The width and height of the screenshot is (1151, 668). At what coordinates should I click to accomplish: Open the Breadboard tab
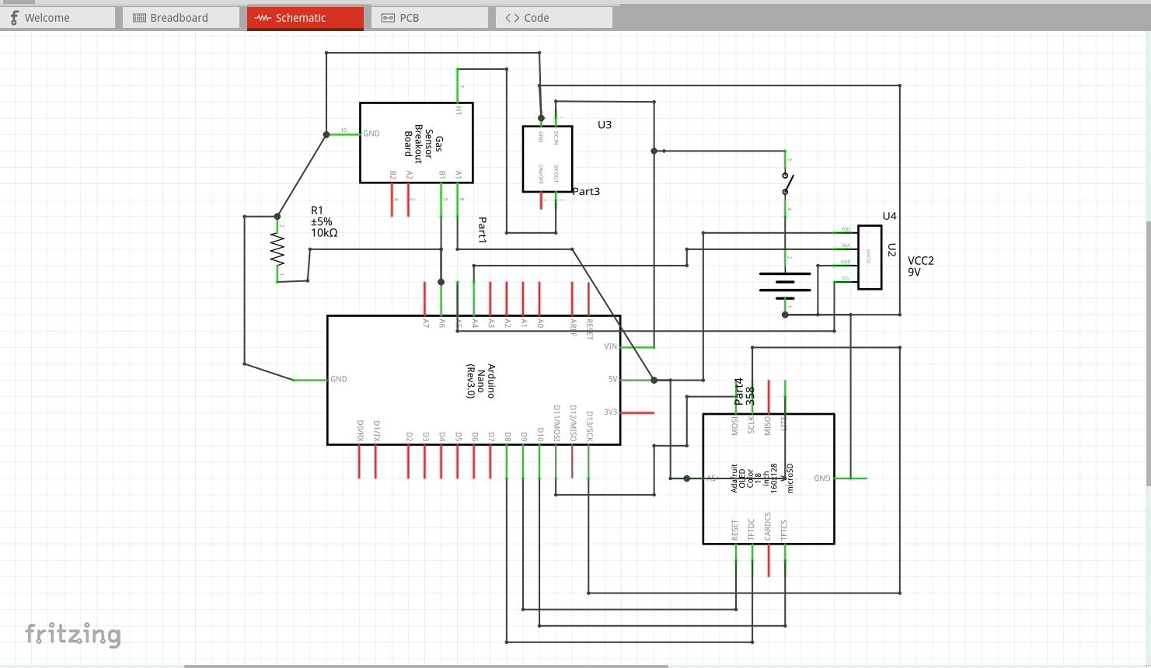180,18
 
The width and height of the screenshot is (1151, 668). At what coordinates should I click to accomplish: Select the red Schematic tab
305,18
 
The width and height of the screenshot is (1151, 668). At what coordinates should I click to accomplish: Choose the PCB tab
429,18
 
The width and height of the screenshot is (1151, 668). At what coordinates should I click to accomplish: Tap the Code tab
553,18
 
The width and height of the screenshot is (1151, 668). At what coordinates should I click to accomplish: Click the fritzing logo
73,634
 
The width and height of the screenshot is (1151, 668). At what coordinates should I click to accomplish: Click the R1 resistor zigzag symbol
277,250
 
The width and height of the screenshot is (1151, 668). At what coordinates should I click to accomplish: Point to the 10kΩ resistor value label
324,233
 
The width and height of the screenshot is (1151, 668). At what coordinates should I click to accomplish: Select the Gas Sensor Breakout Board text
424,143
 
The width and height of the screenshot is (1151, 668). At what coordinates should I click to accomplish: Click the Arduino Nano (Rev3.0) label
480,381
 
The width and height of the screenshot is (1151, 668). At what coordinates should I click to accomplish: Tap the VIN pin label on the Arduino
610,346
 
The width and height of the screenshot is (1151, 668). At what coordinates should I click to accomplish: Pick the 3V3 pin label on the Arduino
610,412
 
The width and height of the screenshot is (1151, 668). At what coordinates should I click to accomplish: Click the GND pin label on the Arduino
339,379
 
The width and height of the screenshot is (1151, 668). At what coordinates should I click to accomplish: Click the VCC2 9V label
920,266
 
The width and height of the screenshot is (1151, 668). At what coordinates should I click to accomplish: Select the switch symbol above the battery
787,185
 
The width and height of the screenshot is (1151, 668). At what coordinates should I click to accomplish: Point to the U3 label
605,125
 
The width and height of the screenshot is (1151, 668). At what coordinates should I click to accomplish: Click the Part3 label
586,191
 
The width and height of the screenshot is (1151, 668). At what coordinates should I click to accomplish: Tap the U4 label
889,216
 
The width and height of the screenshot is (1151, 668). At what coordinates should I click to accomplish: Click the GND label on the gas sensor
371,134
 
